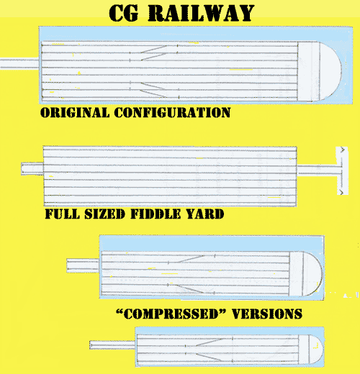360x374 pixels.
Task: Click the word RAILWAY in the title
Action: [x=201, y=13]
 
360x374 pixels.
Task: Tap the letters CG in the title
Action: [x=124, y=13]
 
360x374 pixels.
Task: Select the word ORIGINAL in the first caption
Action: [x=75, y=112]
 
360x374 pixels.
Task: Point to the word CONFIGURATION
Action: [x=172, y=112]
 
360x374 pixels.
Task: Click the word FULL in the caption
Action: [x=63, y=214]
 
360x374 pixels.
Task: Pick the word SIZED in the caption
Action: [x=105, y=214]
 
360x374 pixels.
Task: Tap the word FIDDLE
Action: [x=156, y=214]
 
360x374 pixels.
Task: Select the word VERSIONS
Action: [x=267, y=314]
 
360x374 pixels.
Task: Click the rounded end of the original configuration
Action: [x=330, y=71]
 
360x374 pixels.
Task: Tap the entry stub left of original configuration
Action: [x=19, y=63]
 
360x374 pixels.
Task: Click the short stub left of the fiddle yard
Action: [x=32, y=168]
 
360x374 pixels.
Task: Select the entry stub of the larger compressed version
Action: [x=83, y=265]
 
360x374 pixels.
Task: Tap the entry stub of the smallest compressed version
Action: [x=112, y=345]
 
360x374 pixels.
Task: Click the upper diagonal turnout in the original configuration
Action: [x=154, y=49]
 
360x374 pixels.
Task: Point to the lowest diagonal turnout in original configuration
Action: [x=153, y=93]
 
